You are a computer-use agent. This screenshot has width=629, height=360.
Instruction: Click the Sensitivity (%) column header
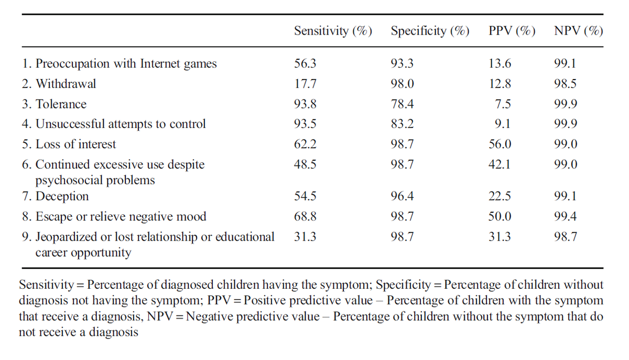point(333,30)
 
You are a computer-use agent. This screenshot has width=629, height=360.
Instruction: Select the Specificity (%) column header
point(430,30)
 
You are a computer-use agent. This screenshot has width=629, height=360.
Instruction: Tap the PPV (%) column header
point(512,30)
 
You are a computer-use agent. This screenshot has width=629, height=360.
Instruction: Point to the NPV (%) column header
point(579,30)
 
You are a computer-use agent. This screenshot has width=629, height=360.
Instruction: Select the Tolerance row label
point(61,104)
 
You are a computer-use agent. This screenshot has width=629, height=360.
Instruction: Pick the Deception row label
point(62,196)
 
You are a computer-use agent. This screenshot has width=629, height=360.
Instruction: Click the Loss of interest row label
point(75,144)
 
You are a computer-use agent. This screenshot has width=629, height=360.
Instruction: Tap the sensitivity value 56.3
point(305,63)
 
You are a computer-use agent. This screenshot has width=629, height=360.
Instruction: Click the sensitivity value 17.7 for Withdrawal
point(305,84)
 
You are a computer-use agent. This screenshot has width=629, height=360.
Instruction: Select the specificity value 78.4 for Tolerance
point(402,104)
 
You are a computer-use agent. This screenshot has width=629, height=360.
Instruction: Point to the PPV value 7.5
point(503,104)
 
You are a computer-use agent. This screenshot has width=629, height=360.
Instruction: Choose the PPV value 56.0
point(500,144)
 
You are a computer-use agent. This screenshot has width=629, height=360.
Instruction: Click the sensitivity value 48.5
point(305,164)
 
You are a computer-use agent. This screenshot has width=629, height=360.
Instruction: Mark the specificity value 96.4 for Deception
point(402,196)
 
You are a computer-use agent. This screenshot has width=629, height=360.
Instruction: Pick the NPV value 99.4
point(565,216)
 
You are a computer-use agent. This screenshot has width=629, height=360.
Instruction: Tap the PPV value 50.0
point(500,216)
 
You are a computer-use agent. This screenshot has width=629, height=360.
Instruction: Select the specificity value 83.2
point(402,124)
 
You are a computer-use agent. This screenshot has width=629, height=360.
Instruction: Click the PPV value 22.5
point(500,196)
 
